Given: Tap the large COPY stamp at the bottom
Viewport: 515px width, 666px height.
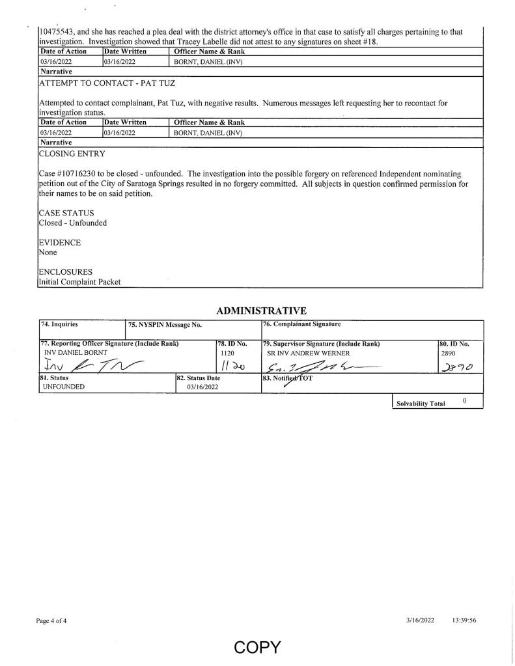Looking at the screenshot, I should [x=257, y=647].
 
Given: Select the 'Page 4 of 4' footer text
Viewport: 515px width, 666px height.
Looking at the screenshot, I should [x=51, y=620].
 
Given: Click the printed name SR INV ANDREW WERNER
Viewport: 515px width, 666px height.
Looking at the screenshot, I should [x=309, y=352].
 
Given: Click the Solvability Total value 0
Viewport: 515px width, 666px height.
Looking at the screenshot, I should [x=465, y=401].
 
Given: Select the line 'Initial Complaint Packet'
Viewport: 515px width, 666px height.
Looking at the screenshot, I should [x=79, y=281].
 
